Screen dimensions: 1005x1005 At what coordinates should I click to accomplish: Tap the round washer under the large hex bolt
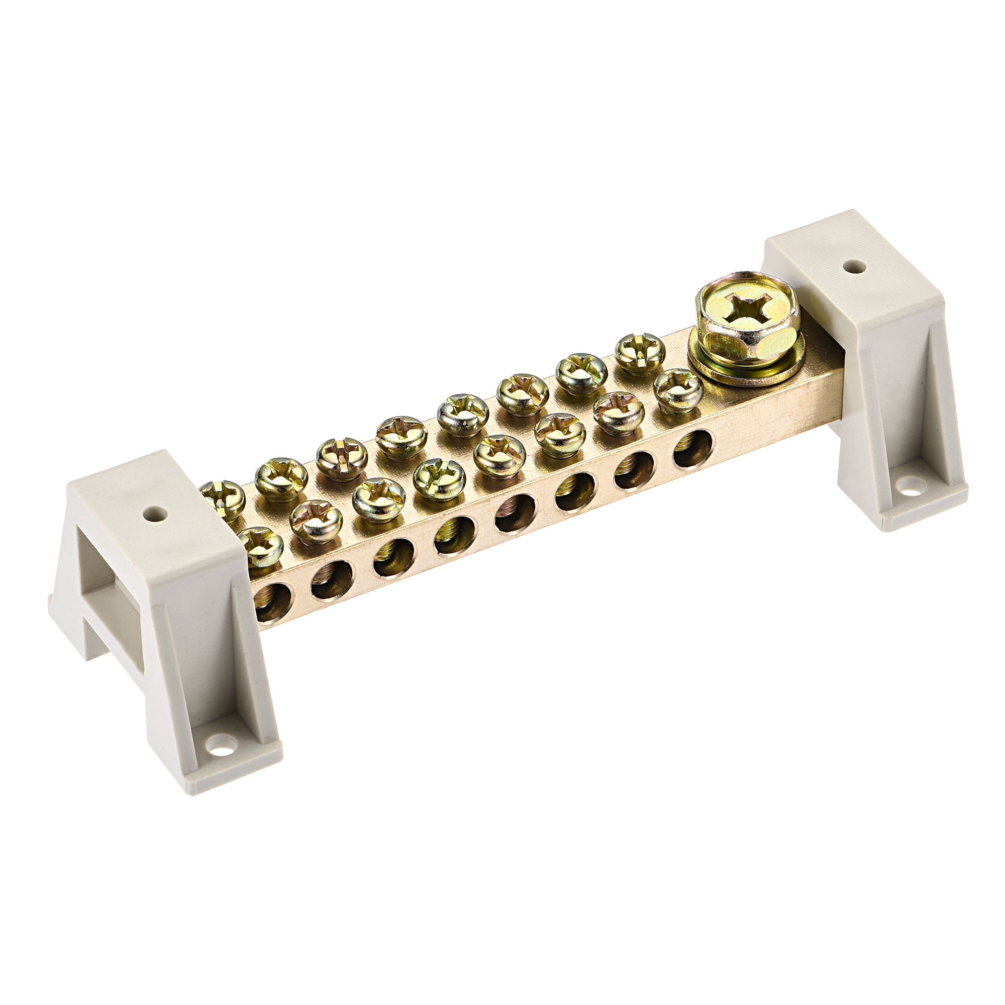[747, 364]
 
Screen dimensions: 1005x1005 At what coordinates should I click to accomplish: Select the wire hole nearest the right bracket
[693, 449]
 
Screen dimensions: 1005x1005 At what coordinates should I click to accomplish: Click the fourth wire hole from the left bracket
[455, 537]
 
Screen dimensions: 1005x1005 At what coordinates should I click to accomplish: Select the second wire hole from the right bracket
[634, 471]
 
